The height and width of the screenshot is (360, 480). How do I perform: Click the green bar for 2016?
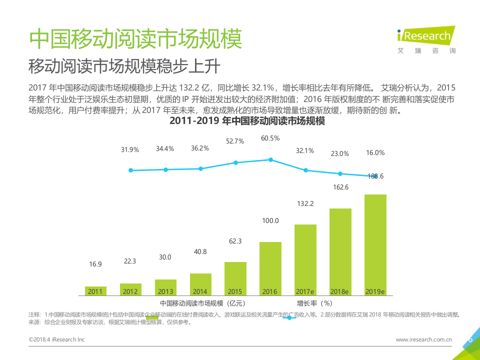click(x=270, y=268)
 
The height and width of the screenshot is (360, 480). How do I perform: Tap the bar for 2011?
click(x=95, y=290)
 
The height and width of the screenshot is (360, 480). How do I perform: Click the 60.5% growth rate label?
click(x=270, y=138)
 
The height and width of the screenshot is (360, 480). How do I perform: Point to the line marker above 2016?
click(x=270, y=159)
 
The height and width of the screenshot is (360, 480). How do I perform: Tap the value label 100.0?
click(x=270, y=220)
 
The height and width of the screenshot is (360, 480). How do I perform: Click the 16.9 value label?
click(x=95, y=264)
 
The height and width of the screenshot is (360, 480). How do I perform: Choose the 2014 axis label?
click(x=200, y=291)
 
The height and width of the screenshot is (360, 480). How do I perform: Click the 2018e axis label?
click(x=340, y=291)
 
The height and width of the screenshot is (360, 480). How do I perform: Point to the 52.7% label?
click(x=235, y=141)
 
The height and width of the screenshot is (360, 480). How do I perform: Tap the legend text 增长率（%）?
click(x=314, y=303)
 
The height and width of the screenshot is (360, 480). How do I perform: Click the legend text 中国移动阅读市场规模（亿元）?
click(x=202, y=303)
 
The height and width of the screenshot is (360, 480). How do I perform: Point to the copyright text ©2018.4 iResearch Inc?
click(x=57, y=339)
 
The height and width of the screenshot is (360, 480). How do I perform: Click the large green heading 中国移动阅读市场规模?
click(x=135, y=38)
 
